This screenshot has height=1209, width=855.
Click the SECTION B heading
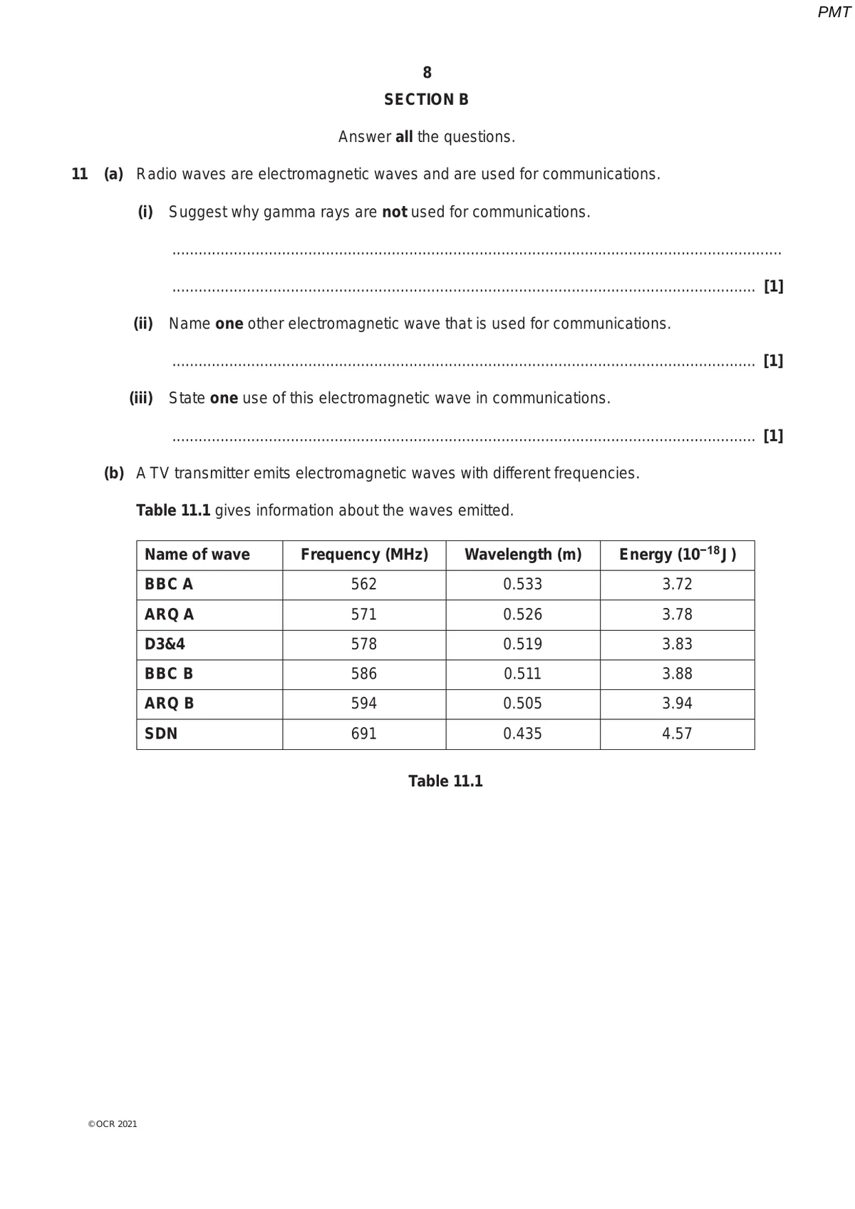[426, 100]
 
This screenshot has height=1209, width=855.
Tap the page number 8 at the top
[427, 73]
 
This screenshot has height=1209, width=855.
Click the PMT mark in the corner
[834, 12]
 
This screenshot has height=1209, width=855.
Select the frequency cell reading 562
[363, 585]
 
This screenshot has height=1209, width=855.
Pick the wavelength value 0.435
[522, 734]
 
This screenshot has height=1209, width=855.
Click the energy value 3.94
[677, 704]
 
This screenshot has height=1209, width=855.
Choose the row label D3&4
[165, 644]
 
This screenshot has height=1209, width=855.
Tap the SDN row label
[161, 734]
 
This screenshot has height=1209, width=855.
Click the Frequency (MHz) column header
[364, 555]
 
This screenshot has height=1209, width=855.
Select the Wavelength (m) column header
[523, 555]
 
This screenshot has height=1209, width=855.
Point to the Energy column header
[677, 555]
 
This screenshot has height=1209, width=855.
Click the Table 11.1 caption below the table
[445, 781]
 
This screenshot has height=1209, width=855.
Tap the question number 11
[80, 174]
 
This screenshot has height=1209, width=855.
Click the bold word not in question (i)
[394, 212]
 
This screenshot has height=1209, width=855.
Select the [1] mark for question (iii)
[773, 436]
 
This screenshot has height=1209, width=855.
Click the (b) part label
[114, 473]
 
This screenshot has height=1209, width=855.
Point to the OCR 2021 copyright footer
[113, 1124]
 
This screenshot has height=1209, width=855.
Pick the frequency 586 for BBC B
[363, 674]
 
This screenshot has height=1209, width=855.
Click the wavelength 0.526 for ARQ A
[522, 614]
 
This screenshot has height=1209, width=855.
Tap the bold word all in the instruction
[404, 137]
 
